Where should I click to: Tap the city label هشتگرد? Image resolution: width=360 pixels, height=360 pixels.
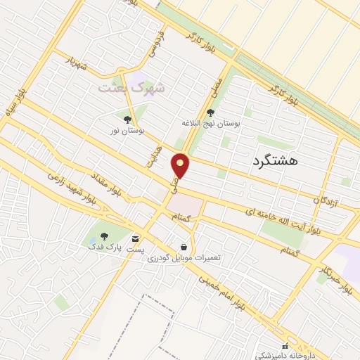tap(274, 160)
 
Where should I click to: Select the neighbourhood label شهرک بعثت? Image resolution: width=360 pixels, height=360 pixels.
tap(131, 88)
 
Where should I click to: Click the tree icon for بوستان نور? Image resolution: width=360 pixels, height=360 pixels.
tap(127, 120)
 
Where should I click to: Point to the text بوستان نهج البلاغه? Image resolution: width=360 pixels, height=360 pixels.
tap(211, 123)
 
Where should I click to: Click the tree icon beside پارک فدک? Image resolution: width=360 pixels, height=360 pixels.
tap(105, 237)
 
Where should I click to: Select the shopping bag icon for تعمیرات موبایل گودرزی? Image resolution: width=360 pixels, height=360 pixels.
tap(184, 247)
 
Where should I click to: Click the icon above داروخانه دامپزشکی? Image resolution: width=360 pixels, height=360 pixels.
tap(285, 346)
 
